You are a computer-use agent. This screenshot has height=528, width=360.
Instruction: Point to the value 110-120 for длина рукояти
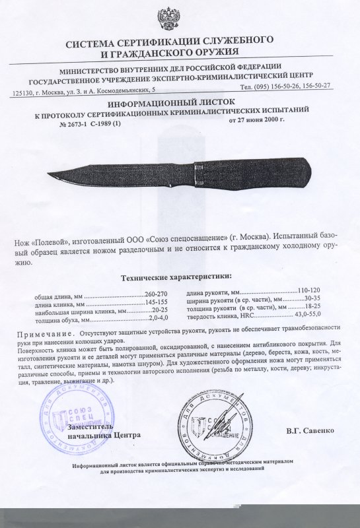[x=309, y=291]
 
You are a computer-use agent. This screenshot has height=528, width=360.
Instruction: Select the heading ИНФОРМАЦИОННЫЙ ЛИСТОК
[x=180, y=104]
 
